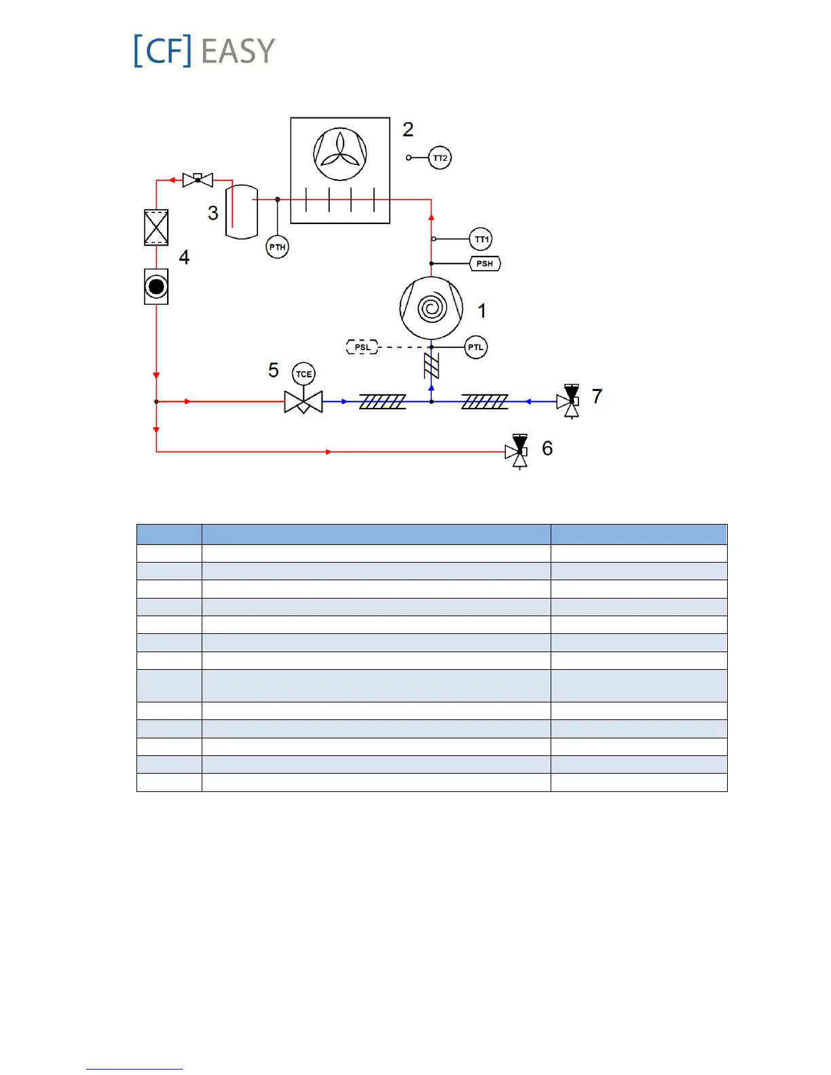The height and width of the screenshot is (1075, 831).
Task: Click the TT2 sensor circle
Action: (440, 158)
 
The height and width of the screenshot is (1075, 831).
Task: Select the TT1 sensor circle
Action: (481, 239)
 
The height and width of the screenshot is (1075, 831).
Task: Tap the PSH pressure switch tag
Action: (485, 263)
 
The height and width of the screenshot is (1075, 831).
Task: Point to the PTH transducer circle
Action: (277, 247)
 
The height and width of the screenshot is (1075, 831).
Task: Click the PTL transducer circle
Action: (476, 347)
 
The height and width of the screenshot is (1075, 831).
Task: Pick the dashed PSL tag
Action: (363, 347)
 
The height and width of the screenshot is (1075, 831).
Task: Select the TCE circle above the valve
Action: (303, 374)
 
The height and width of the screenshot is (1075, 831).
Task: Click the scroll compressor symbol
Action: (431, 308)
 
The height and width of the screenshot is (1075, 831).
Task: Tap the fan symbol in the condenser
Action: (340, 154)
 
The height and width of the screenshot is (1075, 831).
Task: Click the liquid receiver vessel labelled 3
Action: (242, 212)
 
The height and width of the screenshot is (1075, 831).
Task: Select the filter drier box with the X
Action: (156, 227)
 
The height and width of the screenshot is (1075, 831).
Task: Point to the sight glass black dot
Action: (156, 286)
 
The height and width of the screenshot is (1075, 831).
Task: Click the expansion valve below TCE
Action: (303, 402)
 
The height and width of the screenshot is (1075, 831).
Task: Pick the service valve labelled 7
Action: (570, 401)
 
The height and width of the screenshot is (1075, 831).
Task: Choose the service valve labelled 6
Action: (518, 451)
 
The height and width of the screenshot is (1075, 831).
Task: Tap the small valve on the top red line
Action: (198, 180)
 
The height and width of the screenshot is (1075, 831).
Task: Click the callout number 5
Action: (274, 371)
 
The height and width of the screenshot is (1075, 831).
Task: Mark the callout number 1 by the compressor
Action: (482, 311)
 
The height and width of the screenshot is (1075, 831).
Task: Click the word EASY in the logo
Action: (238, 52)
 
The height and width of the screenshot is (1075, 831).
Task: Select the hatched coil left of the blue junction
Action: (382, 402)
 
